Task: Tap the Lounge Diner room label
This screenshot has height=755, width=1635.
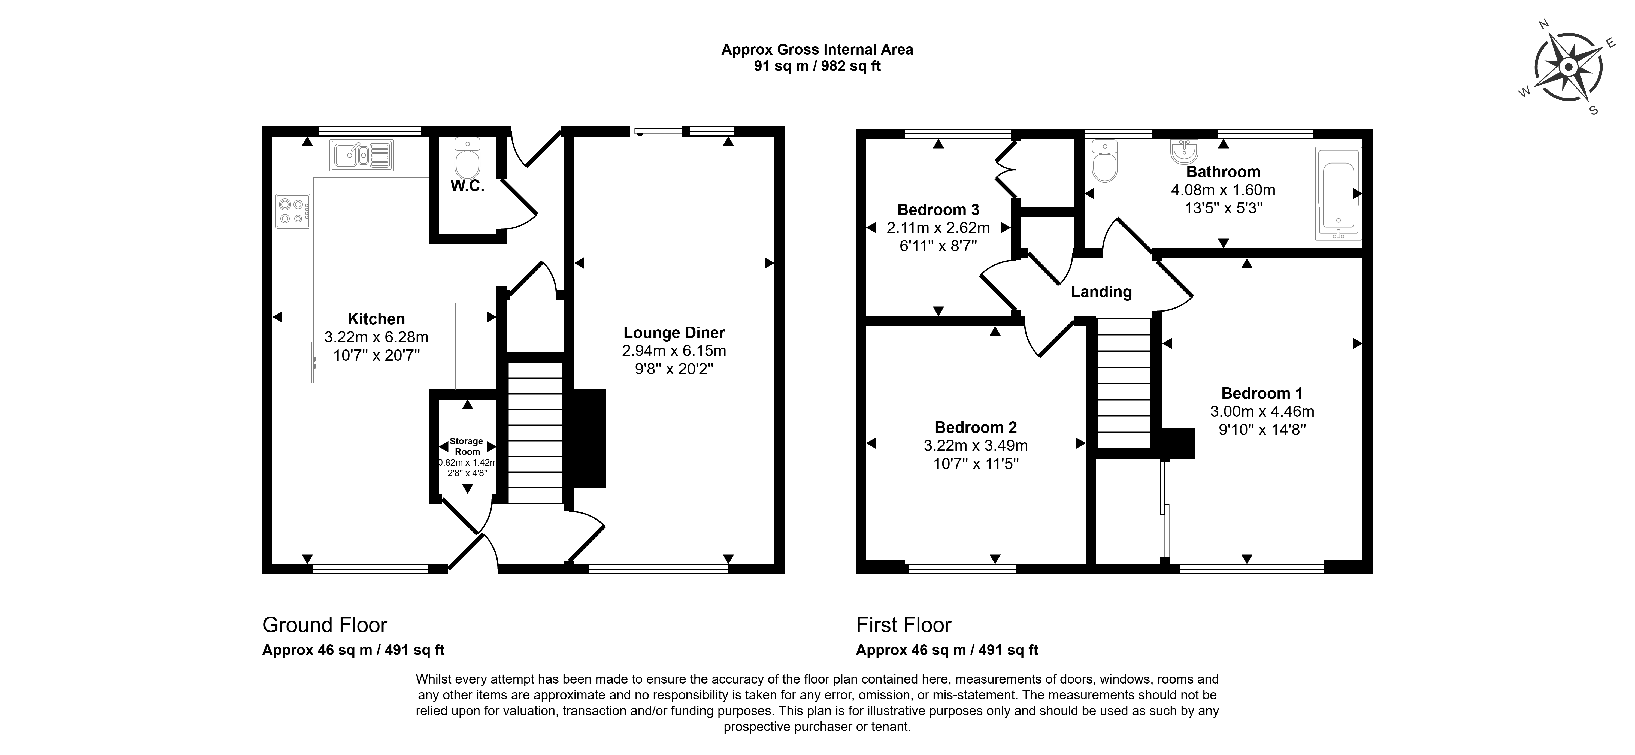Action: pyautogui.click(x=674, y=333)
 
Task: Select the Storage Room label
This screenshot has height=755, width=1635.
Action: pyautogui.click(x=467, y=446)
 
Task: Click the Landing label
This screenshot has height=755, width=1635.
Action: pyautogui.click(x=1101, y=292)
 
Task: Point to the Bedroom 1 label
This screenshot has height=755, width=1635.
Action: pyautogui.click(x=1262, y=393)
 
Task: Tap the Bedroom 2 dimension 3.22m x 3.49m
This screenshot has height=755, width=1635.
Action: pyautogui.click(x=976, y=446)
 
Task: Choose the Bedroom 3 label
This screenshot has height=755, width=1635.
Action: pyautogui.click(x=938, y=210)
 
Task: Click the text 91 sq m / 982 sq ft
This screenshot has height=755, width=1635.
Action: pyautogui.click(x=817, y=66)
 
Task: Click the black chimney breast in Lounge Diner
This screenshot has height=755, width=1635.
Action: pyautogui.click(x=589, y=438)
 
